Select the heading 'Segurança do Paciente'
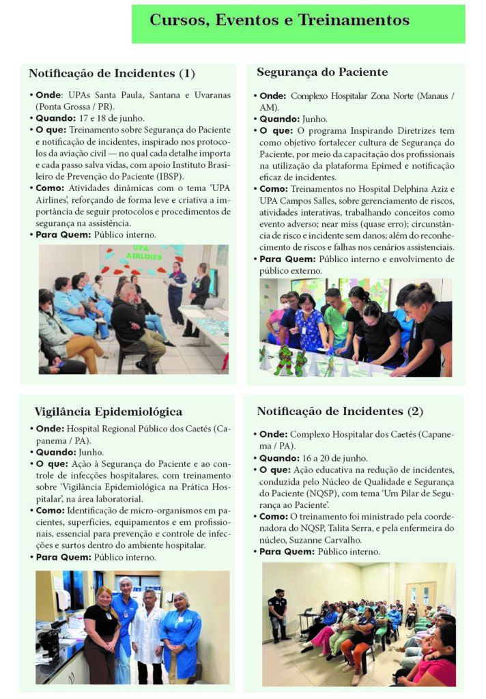click(x=322, y=72)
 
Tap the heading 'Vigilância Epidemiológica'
click(x=108, y=412)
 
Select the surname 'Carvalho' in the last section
click(x=360, y=539)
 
